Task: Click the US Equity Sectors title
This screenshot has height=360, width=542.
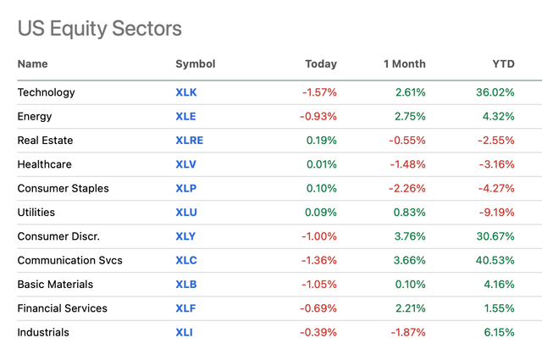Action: tap(99, 28)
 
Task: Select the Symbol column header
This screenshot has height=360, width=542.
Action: tap(195, 64)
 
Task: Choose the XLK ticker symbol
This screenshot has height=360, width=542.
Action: tap(185, 92)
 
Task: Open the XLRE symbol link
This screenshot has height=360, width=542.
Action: tap(189, 141)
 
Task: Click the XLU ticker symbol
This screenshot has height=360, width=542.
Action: tap(185, 213)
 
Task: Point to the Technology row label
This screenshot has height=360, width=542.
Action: tap(46, 92)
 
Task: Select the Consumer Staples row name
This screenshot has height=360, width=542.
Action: tap(63, 188)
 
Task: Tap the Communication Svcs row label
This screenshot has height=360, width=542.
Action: tap(69, 260)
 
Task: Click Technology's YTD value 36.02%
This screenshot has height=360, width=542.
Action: tap(494, 92)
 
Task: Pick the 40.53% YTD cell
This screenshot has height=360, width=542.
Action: tap(494, 260)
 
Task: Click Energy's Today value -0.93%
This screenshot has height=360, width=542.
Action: tap(317, 116)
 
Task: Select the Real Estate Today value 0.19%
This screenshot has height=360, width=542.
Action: tap(319, 141)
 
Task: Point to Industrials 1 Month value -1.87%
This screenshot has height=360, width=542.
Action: tap(406, 332)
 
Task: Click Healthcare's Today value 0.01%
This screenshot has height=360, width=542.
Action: tap(319, 164)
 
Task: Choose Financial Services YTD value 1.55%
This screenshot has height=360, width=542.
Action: tap(497, 308)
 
